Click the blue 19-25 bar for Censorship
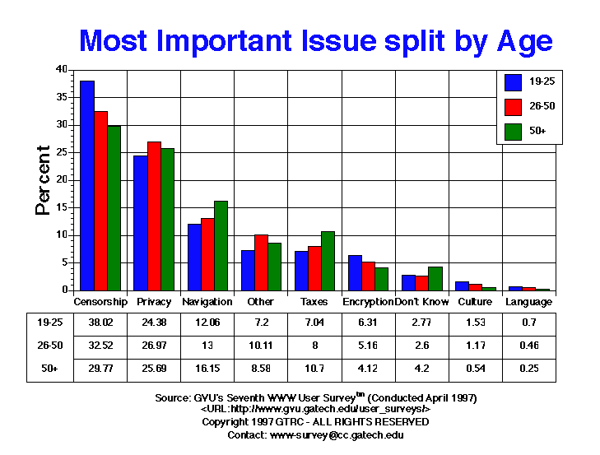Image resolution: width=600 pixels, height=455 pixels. [86, 186]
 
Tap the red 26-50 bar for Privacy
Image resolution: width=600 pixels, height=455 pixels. [154, 216]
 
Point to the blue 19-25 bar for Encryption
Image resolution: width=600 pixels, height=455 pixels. [354, 272]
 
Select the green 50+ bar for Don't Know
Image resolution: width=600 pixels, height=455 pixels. [435, 278]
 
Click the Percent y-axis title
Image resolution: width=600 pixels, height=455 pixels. [43, 180]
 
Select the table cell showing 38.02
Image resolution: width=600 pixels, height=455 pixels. [100, 324]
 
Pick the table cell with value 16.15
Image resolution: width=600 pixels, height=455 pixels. [207, 369]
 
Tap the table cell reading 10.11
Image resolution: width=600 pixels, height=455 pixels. [261, 347]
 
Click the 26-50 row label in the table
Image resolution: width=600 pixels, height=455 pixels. [46, 347]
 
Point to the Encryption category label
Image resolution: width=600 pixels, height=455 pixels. [368, 302]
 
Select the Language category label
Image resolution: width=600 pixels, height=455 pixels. [528, 302]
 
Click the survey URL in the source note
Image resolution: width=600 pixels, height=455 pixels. [315, 409]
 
